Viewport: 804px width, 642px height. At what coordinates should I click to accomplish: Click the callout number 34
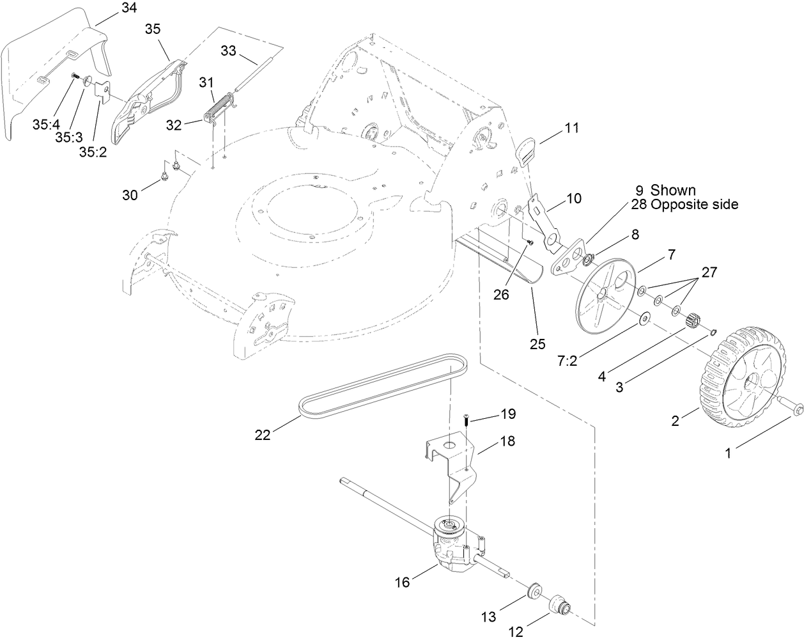(128, 8)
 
